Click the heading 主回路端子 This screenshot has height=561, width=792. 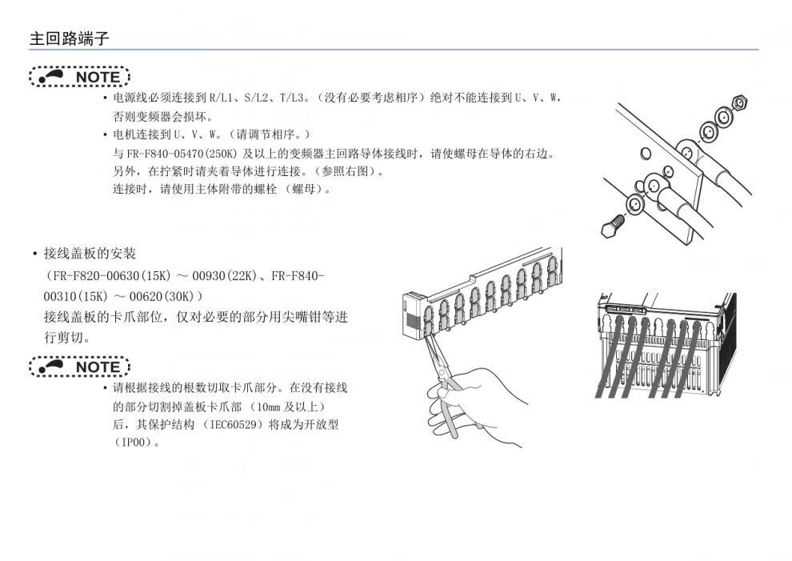click(x=69, y=38)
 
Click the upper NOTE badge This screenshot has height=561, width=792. click(x=79, y=77)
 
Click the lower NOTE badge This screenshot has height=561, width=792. click(x=79, y=367)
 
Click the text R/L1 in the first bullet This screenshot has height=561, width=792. click(x=222, y=98)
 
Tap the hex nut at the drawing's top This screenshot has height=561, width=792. click(x=740, y=102)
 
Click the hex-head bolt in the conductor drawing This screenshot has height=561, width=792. click(x=612, y=226)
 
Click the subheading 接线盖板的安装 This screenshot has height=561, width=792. click(x=90, y=253)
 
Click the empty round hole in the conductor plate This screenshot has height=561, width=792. click(x=646, y=153)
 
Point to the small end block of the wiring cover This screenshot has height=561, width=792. click(x=413, y=315)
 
